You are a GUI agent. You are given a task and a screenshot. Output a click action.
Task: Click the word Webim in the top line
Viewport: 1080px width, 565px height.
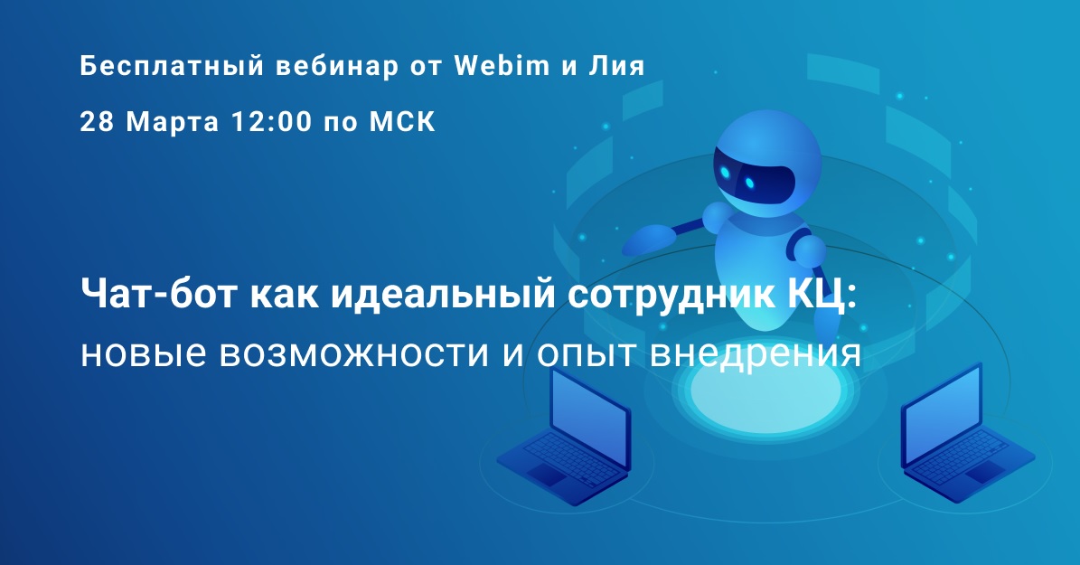tap(502, 66)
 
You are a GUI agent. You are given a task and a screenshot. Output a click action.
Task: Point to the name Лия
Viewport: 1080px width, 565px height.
tap(617, 67)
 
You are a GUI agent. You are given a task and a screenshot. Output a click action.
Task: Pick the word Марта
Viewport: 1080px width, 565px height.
tap(173, 123)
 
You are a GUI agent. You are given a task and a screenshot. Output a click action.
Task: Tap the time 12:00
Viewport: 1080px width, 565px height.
tap(271, 122)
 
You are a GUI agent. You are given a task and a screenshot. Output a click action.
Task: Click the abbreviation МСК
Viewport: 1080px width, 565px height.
tap(403, 122)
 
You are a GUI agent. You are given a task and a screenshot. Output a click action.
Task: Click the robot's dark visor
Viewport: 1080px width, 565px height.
tap(754, 179)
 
